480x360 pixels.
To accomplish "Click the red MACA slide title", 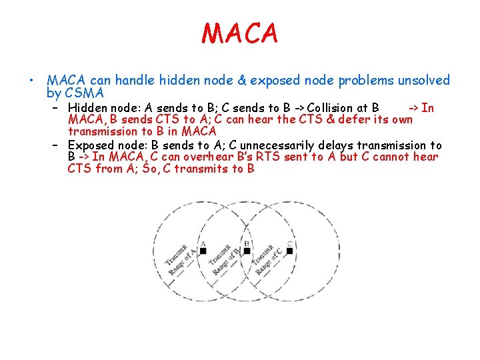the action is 239,33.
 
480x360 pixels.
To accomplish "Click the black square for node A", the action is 203,251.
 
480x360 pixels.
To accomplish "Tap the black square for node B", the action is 247,251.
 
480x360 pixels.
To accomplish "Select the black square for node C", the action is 289,251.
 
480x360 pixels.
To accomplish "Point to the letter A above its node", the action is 203,243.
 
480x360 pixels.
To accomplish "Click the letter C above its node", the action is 289,243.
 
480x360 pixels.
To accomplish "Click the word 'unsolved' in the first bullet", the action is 424,81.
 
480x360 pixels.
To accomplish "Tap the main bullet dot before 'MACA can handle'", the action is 31,81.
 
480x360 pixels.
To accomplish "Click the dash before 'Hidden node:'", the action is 57,108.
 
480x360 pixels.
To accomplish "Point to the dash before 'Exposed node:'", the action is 57,145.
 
